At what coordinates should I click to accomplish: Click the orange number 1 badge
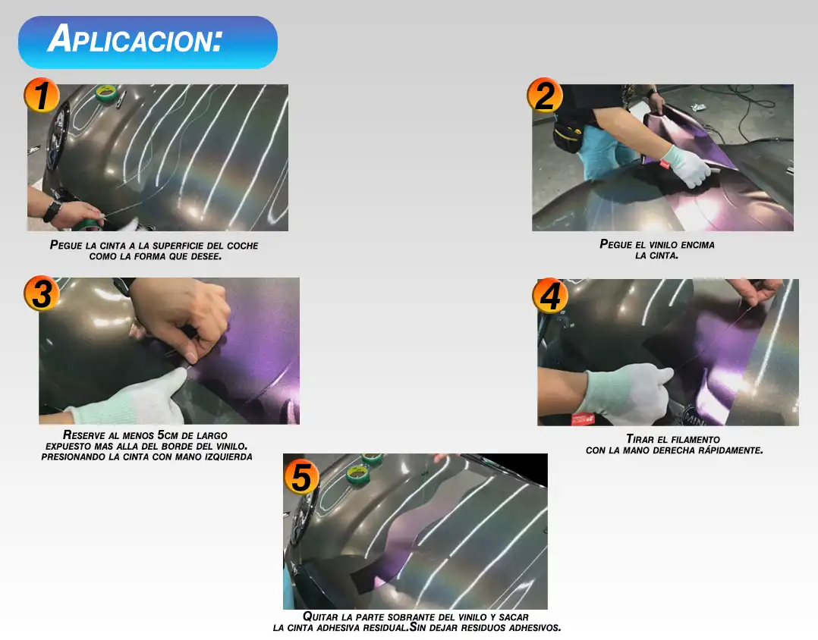click(42, 96)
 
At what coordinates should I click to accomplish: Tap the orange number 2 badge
click(545, 96)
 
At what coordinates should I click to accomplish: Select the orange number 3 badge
click(42, 293)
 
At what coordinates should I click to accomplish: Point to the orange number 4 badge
click(550, 296)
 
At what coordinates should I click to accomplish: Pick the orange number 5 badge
click(301, 476)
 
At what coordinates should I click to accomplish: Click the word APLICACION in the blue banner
click(135, 39)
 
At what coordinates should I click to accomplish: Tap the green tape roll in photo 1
click(106, 93)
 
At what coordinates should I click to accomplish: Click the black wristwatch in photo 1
click(52, 211)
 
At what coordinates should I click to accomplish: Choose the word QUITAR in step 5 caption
click(321, 617)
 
